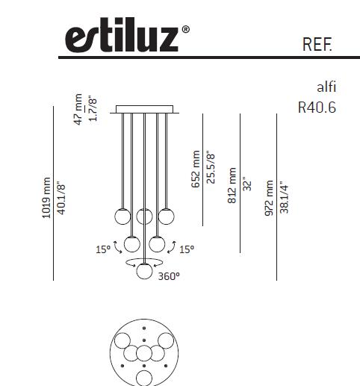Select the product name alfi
[326, 87]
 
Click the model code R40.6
[317, 108]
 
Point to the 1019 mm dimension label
[47, 196]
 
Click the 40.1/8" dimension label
[62, 196]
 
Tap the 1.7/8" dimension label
[93, 109]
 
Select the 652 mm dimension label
[196, 169]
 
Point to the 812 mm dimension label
[232, 185]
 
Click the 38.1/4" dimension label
[285, 197]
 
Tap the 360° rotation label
[169, 276]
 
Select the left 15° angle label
[102, 249]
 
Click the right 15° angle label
[186, 249]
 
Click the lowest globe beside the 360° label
[144, 272]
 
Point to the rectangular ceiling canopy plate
[144, 109]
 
